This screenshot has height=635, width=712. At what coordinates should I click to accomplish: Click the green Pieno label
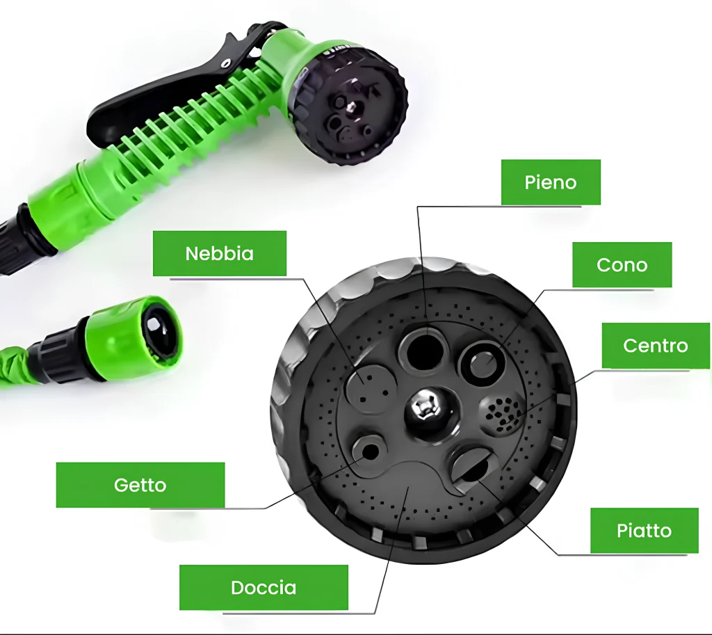click(x=551, y=182)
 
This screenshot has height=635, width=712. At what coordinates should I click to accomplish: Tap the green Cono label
click(x=622, y=265)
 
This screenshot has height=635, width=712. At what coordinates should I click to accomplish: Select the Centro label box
click(x=656, y=346)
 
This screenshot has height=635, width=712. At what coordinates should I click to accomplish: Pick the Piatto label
click(x=645, y=531)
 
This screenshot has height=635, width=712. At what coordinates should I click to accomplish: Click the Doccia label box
click(x=264, y=588)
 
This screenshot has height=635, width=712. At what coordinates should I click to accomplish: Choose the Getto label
click(x=140, y=485)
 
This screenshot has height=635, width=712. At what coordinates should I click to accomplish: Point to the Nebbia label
click(x=220, y=253)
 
